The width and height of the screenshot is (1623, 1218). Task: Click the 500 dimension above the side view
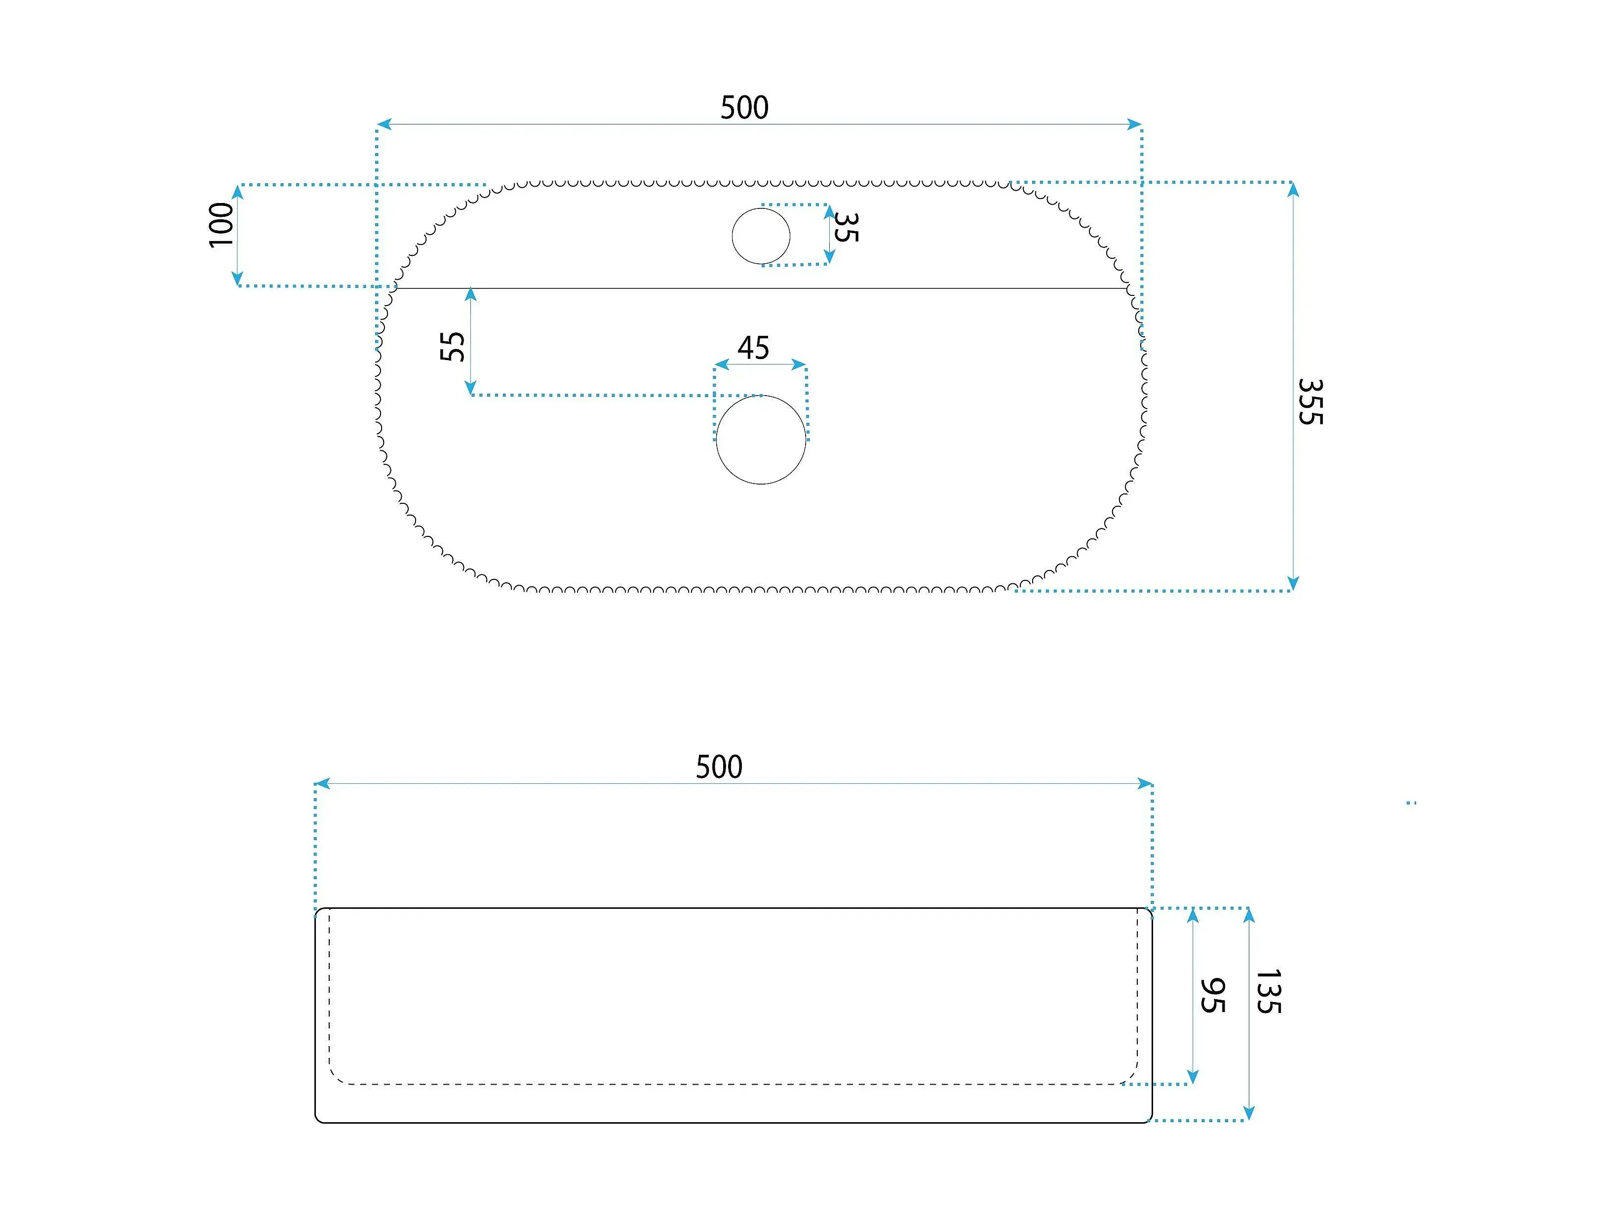tap(719, 767)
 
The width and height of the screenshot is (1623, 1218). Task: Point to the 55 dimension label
tap(453, 347)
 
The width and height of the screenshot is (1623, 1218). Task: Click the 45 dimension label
tap(754, 348)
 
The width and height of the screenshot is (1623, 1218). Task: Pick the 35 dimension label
tap(846, 228)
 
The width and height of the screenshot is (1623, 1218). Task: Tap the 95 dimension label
tap(1212, 996)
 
